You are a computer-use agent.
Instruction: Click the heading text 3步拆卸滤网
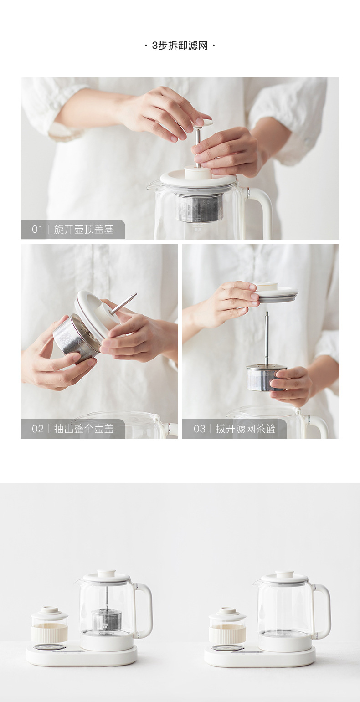click(180, 46)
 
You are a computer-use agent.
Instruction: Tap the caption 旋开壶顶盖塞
click(84, 230)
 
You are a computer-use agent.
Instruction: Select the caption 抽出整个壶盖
click(84, 429)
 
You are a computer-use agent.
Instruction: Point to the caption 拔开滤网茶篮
click(246, 429)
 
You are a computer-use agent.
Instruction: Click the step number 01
click(37, 230)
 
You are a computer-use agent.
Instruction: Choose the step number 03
click(200, 429)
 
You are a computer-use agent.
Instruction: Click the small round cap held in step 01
click(202, 123)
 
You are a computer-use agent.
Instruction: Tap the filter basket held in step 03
click(266, 377)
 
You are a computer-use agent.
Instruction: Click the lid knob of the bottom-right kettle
click(284, 574)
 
